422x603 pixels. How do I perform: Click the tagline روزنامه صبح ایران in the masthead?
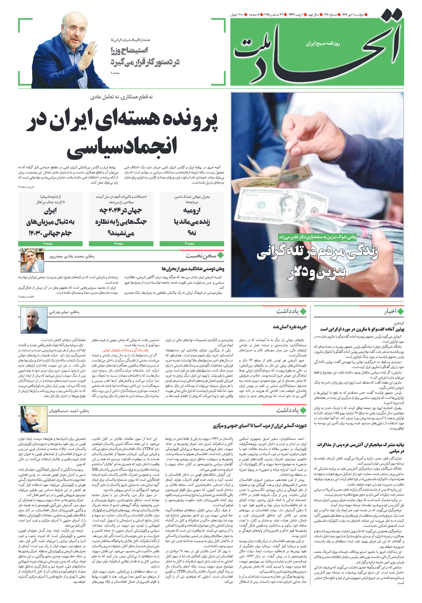click(323, 44)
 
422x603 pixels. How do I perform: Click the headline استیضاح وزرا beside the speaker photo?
click(129, 50)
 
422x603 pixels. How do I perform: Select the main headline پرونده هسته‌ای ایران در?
click(122, 121)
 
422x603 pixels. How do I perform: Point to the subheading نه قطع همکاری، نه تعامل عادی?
click(122, 97)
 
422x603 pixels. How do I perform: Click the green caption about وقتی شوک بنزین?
click(318, 237)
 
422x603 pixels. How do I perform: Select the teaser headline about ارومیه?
click(192, 221)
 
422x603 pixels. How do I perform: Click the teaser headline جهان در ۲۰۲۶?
click(121, 221)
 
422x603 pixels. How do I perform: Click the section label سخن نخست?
click(201, 256)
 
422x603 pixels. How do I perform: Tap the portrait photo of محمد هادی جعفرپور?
click(32, 260)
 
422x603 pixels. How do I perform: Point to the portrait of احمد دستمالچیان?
click(34, 419)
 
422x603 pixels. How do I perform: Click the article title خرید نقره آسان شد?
click(290, 327)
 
